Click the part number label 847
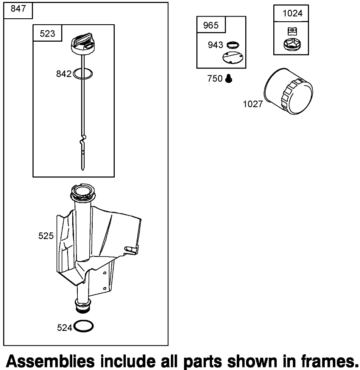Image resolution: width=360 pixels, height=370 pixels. pos(18,10)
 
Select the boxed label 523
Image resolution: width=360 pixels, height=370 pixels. pos(47,34)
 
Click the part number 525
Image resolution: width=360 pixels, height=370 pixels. pos(46,236)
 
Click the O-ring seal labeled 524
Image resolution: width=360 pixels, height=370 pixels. pos(84,326)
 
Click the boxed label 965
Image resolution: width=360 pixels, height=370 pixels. pos(211,25)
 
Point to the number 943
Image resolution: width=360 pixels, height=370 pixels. pos(215,45)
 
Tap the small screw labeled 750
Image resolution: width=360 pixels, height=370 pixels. pos(229,78)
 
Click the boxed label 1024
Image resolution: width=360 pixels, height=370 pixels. pos(293,13)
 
